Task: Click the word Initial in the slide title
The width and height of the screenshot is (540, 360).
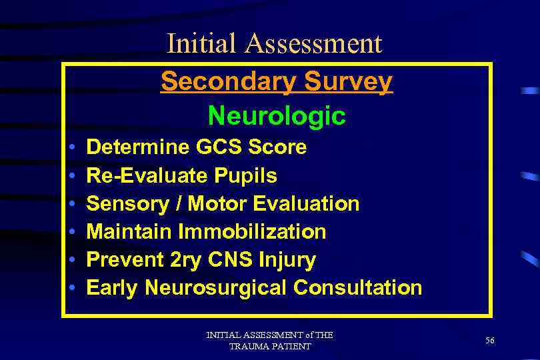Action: (x=202, y=43)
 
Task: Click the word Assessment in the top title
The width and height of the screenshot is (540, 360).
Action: (x=313, y=43)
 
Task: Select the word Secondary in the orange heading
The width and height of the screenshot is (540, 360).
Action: (x=221, y=81)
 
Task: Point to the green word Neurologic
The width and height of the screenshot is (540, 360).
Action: (x=276, y=116)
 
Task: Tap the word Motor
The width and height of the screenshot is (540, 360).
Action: (x=217, y=204)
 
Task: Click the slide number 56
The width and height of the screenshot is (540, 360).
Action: (x=490, y=340)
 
